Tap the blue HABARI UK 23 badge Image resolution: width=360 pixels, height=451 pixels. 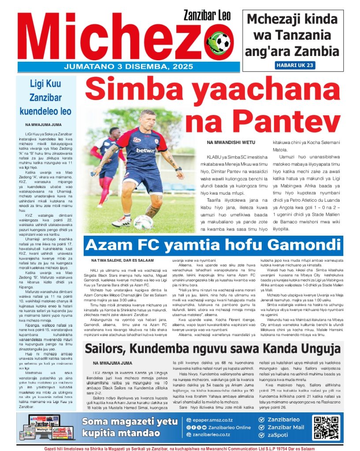click(x=295, y=65)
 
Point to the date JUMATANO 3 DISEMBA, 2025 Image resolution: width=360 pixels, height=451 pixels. click(x=128, y=67)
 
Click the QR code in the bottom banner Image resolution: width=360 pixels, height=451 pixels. click(x=327, y=428)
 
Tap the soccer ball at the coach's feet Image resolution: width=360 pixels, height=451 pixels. click(x=143, y=222)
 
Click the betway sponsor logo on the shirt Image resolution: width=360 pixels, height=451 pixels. click(x=145, y=150)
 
